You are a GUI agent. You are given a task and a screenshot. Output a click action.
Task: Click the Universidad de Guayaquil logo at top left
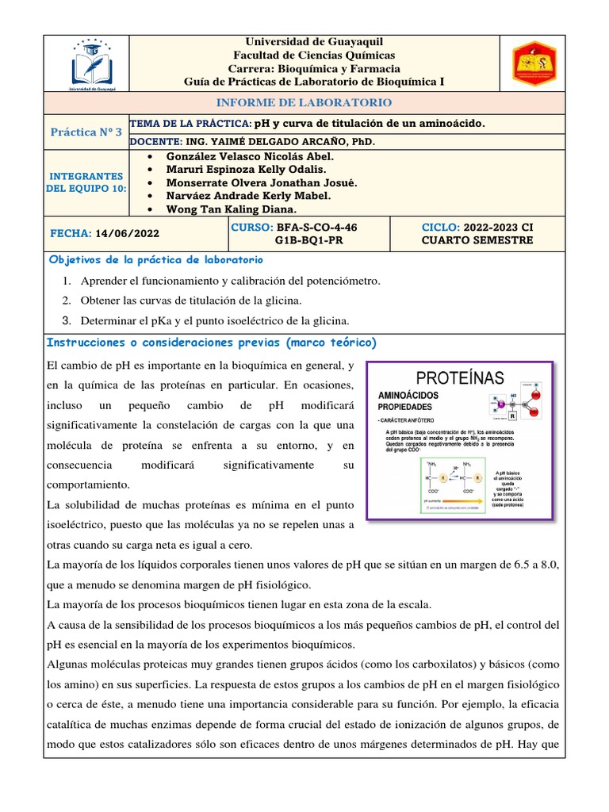[x=94, y=63]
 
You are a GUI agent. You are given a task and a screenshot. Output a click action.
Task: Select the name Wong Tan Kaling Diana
[x=232, y=209]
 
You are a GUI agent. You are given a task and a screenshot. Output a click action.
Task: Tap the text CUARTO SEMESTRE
[x=477, y=240]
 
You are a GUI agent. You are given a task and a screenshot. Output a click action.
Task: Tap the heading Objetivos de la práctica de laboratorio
[x=155, y=260]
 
